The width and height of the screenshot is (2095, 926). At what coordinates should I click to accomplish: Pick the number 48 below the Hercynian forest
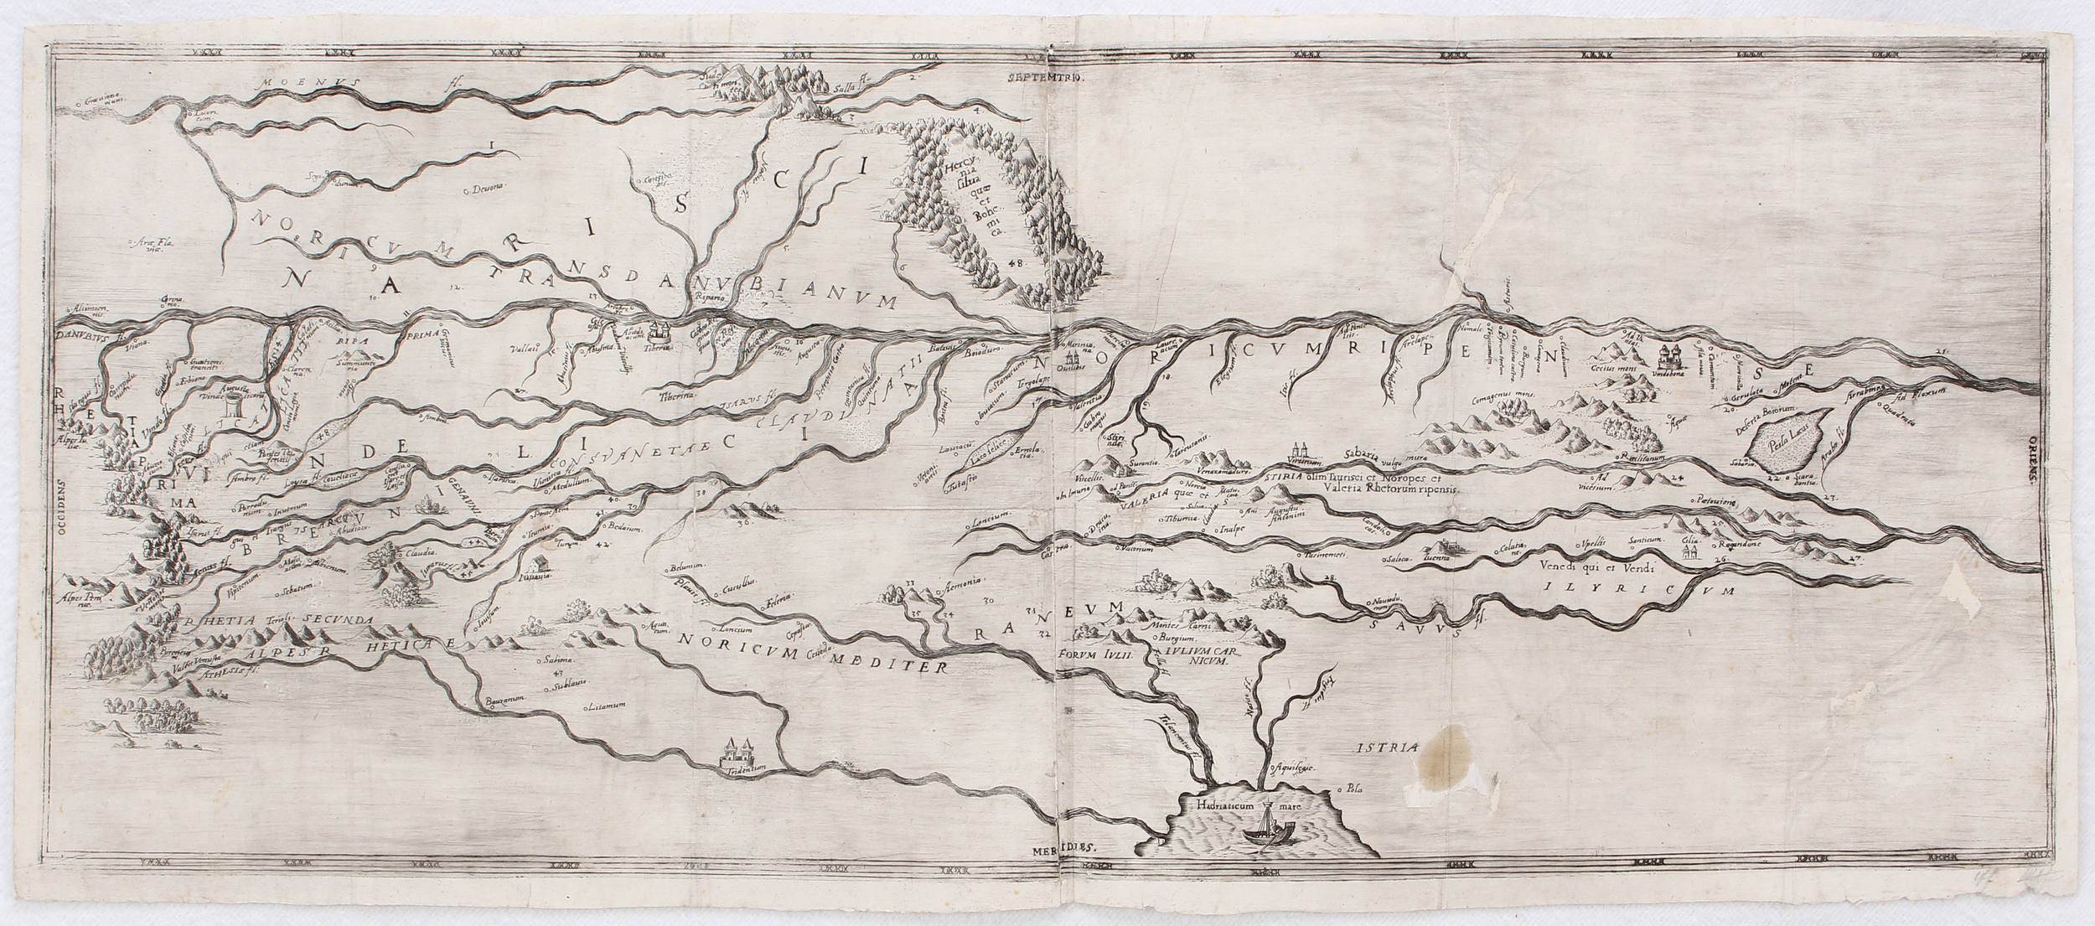(1016, 262)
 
